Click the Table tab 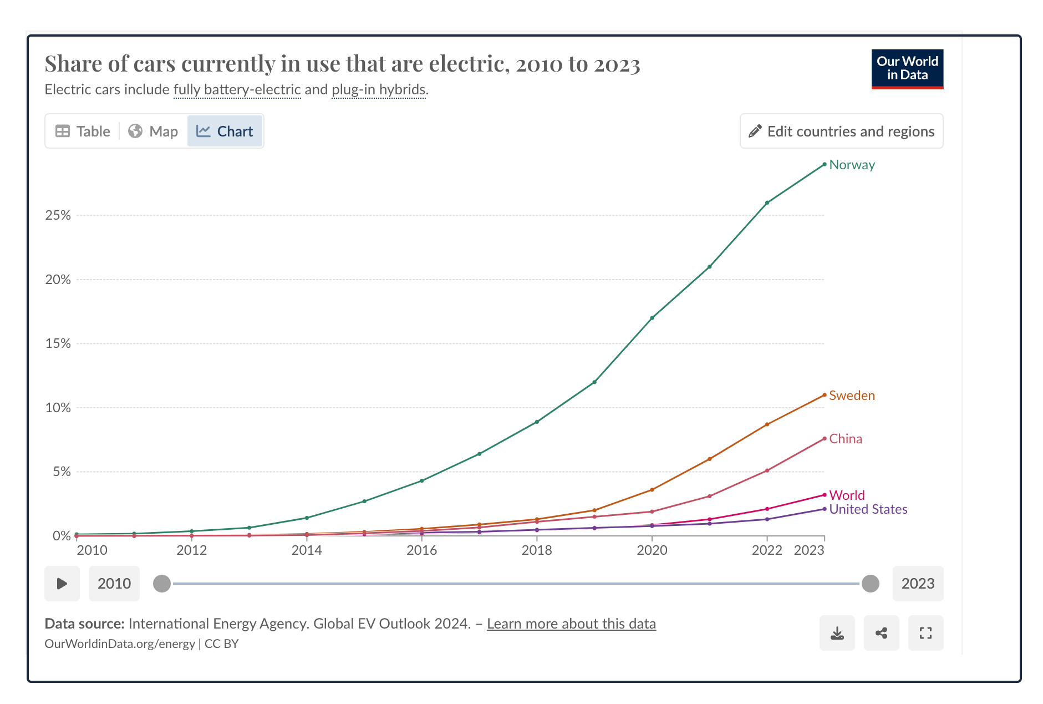(83, 131)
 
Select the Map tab (153, 131)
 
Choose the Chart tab (225, 131)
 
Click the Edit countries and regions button (841, 131)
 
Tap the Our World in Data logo (907, 69)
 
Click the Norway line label (852, 165)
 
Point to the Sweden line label (852, 396)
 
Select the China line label (846, 439)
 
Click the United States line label (868, 509)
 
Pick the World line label (847, 495)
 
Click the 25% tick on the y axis (58, 215)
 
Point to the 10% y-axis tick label (58, 408)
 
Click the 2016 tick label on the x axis (421, 550)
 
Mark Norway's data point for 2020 (652, 318)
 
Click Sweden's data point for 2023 (825, 395)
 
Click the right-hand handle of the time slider (871, 584)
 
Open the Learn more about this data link (571, 624)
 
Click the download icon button (837, 633)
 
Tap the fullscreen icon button (925, 633)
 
